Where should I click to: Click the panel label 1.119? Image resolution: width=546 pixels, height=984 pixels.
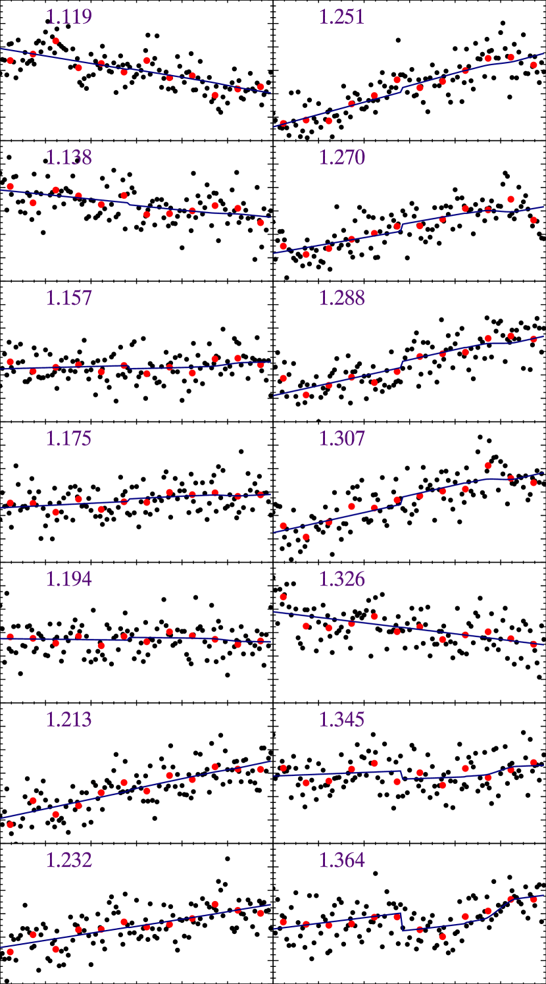click(68, 17)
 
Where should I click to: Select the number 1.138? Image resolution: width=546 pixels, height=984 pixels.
click(68, 158)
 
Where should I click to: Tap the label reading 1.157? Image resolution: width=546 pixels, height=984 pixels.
click(68, 298)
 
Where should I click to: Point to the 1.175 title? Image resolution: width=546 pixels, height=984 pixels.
click(68, 439)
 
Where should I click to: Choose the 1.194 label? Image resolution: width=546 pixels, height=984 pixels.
click(68, 579)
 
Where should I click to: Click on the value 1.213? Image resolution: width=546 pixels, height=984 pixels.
click(68, 720)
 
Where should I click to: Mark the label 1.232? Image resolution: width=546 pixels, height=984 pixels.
click(68, 860)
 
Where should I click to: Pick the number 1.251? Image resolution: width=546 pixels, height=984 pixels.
click(341, 17)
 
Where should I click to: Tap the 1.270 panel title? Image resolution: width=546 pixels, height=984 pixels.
click(341, 158)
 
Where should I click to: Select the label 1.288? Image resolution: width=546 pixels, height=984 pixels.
click(341, 298)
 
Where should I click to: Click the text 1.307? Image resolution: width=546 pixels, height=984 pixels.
click(341, 439)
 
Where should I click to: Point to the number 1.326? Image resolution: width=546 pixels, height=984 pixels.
click(341, 579)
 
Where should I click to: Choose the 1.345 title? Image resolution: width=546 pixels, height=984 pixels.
click(341, 720)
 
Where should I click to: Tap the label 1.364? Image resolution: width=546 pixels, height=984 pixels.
click(341, 860)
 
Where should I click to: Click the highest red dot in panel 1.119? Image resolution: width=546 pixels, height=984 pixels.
click(56, 41)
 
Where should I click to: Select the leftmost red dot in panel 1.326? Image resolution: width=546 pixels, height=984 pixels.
click(283, 597)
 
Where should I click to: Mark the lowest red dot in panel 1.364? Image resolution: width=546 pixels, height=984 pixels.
click(443, 936)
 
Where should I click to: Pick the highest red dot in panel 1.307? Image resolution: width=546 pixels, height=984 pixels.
click(488, 465)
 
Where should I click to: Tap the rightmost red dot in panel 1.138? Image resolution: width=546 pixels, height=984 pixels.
click(261, 222)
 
